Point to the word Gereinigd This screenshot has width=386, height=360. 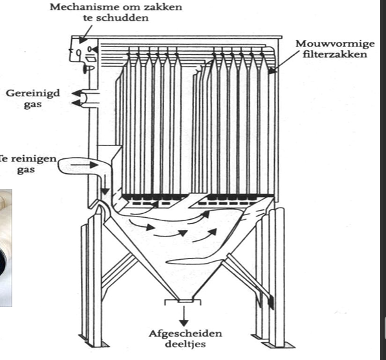click(32, 94)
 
